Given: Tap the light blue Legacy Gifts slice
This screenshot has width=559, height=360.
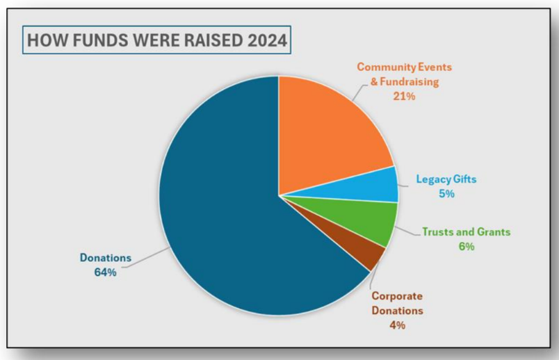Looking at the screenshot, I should click(379, 185).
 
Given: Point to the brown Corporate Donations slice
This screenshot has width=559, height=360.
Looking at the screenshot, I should click(368, 256).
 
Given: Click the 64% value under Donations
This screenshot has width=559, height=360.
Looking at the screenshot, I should click(106, 272).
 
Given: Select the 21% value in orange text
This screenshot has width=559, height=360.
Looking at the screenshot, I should click(404, 97).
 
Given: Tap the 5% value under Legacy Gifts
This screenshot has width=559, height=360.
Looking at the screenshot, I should click(446, 194).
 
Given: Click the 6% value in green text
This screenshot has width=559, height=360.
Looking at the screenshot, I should click(466, 246).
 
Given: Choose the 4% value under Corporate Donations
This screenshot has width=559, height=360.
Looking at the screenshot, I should click(396, 325).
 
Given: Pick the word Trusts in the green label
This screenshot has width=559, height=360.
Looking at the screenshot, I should click(437, 232).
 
